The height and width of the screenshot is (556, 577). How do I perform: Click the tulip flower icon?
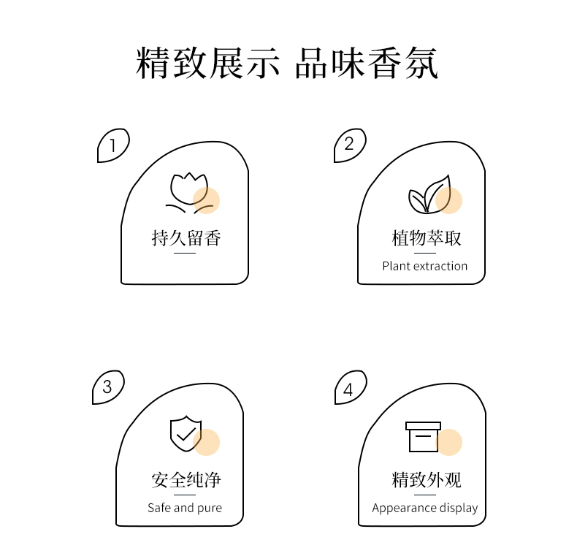[189, 193]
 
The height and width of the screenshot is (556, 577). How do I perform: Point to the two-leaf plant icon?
[429, 194]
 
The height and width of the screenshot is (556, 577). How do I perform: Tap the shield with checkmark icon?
[186, 434]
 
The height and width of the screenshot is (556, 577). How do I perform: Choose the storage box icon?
[423, 437]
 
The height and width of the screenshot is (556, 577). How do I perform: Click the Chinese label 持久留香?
[186, 238]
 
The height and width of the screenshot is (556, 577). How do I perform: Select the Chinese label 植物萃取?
[426, 238]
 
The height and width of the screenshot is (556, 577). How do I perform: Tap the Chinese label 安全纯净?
[186, 480]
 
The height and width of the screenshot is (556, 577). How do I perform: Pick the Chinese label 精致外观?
[426, 480]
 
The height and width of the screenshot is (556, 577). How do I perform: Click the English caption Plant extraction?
[424, 266]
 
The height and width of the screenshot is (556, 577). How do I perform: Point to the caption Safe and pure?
[185, 508]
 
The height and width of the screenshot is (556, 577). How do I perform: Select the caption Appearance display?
[424, 508]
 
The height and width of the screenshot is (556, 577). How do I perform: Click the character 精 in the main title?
[153, 63]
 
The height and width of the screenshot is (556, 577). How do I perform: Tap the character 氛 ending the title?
[421, 63]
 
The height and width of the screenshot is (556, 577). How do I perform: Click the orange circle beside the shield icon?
[207, 442]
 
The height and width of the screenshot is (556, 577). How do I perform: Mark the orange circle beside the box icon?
[449, 442]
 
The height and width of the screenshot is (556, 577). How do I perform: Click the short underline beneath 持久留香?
[185, 253]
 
